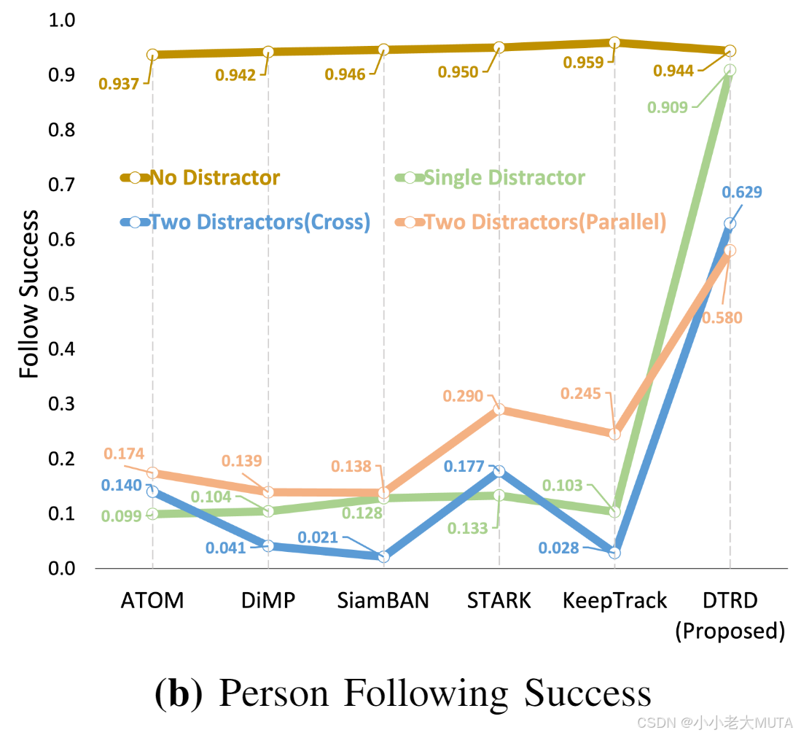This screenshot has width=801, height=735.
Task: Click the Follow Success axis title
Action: (x=29, y=294)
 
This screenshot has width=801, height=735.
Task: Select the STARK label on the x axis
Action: (x=499, y=601)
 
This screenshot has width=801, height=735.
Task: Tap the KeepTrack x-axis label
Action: (x=614, y=601)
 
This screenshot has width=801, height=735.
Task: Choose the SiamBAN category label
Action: (x=383, y=601)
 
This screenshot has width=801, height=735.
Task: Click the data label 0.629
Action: (x=742, y=192)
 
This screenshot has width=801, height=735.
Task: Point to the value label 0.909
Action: (x=668, y=108)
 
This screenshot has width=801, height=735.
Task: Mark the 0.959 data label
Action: (x=583, y=62)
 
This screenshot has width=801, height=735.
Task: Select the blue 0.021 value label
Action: (x=318, y=538)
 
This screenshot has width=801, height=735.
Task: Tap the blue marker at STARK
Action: (x=499, y=471)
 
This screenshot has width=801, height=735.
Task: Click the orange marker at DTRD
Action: (x=730, y=251)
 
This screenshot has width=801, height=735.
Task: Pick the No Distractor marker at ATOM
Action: (x=152, y=55)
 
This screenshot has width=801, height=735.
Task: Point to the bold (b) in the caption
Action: (x=179, y=694)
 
